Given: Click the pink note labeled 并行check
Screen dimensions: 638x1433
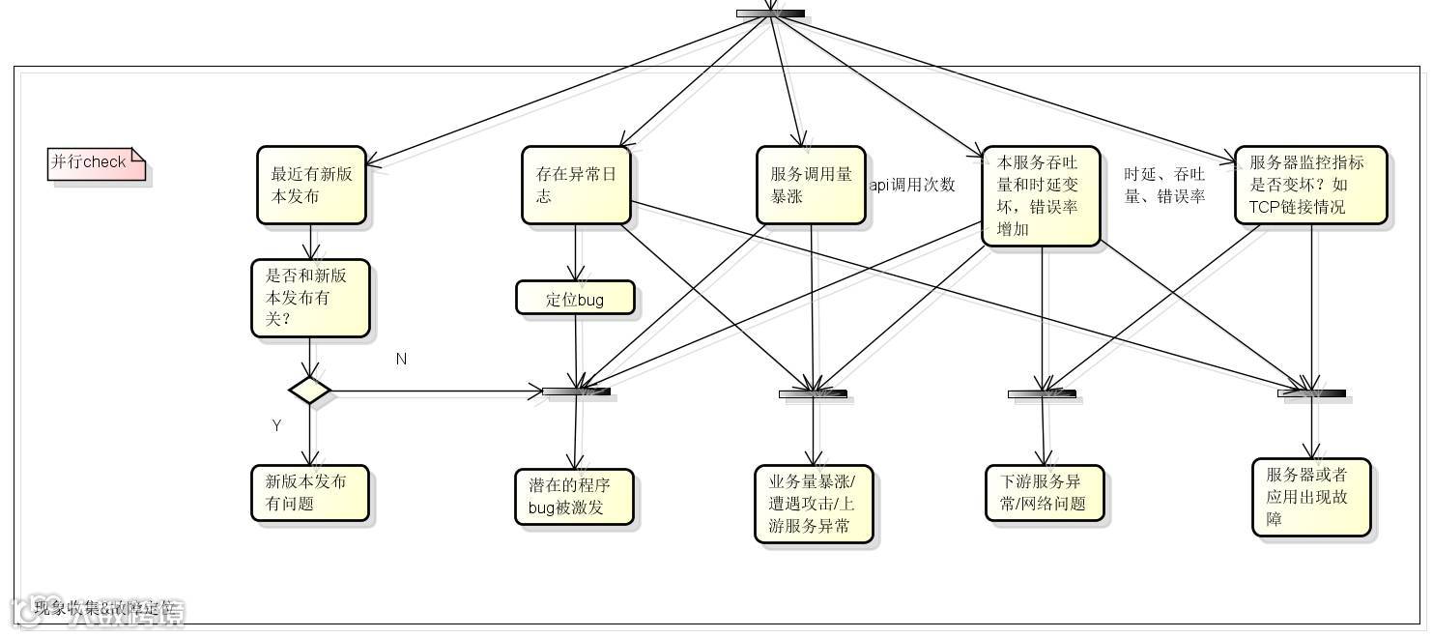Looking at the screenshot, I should coord(96,163).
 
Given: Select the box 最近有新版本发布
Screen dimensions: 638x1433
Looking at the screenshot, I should coord(311,186).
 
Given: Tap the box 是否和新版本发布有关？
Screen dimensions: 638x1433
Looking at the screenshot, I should coord(310,298).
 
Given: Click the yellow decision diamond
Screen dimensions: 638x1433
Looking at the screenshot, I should coord(310,391).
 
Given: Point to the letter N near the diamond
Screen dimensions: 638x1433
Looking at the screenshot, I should coord(401,360).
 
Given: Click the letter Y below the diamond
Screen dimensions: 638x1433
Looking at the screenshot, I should coord(276,425).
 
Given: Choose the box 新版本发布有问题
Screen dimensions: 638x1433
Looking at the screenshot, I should coord(310,493).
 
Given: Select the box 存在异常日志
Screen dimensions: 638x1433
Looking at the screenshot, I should coord(576,186).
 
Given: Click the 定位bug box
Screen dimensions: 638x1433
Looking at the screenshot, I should coord(575,299).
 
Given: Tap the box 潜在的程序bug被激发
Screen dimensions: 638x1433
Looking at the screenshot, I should coord(574,497).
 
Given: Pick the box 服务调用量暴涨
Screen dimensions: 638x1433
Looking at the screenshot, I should coord(811,186).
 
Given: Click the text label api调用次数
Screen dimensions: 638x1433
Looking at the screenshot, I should coord(912,185).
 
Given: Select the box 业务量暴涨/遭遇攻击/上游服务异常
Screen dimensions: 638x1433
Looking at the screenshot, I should coord(814,504).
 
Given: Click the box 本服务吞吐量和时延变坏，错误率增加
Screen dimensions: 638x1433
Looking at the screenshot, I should coord(1041,196).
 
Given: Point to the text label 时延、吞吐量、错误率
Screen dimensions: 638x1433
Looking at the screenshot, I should coord(1164,186).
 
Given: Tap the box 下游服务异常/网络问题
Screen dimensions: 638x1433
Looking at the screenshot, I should coord(1045,493).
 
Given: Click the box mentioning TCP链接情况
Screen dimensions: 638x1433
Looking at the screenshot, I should coord(1310,186).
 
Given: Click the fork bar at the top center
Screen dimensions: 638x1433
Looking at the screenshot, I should coord(770,14).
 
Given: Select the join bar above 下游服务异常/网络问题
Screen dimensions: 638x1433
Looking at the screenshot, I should coord(1042,394).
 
